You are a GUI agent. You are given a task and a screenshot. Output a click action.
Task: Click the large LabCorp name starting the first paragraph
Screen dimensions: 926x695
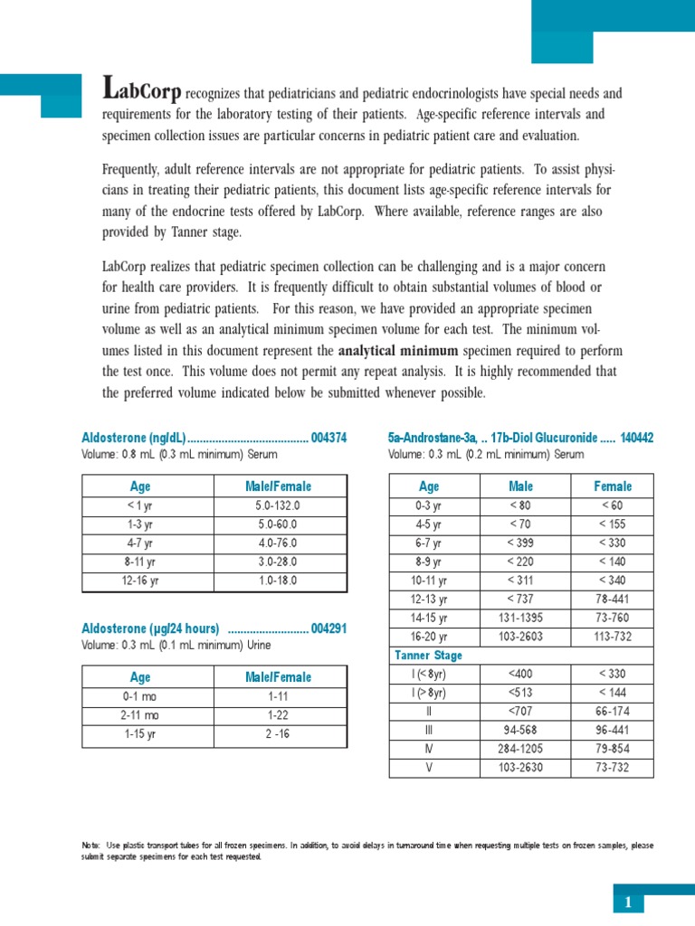click(x=143, y=90)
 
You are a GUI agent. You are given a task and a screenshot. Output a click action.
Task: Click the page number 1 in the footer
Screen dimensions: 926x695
click(x=627, y=902)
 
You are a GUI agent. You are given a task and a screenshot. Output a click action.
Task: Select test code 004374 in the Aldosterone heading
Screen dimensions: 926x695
click(x=328, y=438)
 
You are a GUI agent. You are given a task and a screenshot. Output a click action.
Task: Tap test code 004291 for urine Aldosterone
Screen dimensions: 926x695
click(x=328, y=628)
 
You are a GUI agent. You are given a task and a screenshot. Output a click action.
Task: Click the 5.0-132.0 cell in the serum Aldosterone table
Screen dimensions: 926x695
click(x=278, y=506)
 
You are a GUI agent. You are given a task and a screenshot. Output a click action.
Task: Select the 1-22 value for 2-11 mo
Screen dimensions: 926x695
click(x=278, y=714)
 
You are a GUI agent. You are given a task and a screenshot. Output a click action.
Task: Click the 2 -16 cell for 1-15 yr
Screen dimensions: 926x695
click(x=278, y=733)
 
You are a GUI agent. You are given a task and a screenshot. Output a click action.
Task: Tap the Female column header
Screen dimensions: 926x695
click(x=613, y=486)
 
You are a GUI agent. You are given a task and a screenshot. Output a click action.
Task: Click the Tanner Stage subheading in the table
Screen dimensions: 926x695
click(x=428, y=655)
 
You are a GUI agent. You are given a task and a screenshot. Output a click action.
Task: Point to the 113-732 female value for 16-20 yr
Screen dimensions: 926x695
click(x=613, y=636)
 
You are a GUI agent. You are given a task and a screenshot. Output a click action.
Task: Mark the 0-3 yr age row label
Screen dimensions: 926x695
click(x=428, y=506)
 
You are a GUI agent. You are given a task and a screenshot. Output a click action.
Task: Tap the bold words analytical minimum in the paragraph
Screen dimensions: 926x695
click(x=397, y=350)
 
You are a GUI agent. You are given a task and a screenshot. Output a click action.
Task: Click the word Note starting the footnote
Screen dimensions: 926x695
click(x=90, y=845)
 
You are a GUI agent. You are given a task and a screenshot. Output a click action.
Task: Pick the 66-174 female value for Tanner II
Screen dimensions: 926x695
click(x=613, y=712)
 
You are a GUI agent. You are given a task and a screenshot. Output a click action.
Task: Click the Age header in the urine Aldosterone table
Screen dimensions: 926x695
click(x=140, y=676)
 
